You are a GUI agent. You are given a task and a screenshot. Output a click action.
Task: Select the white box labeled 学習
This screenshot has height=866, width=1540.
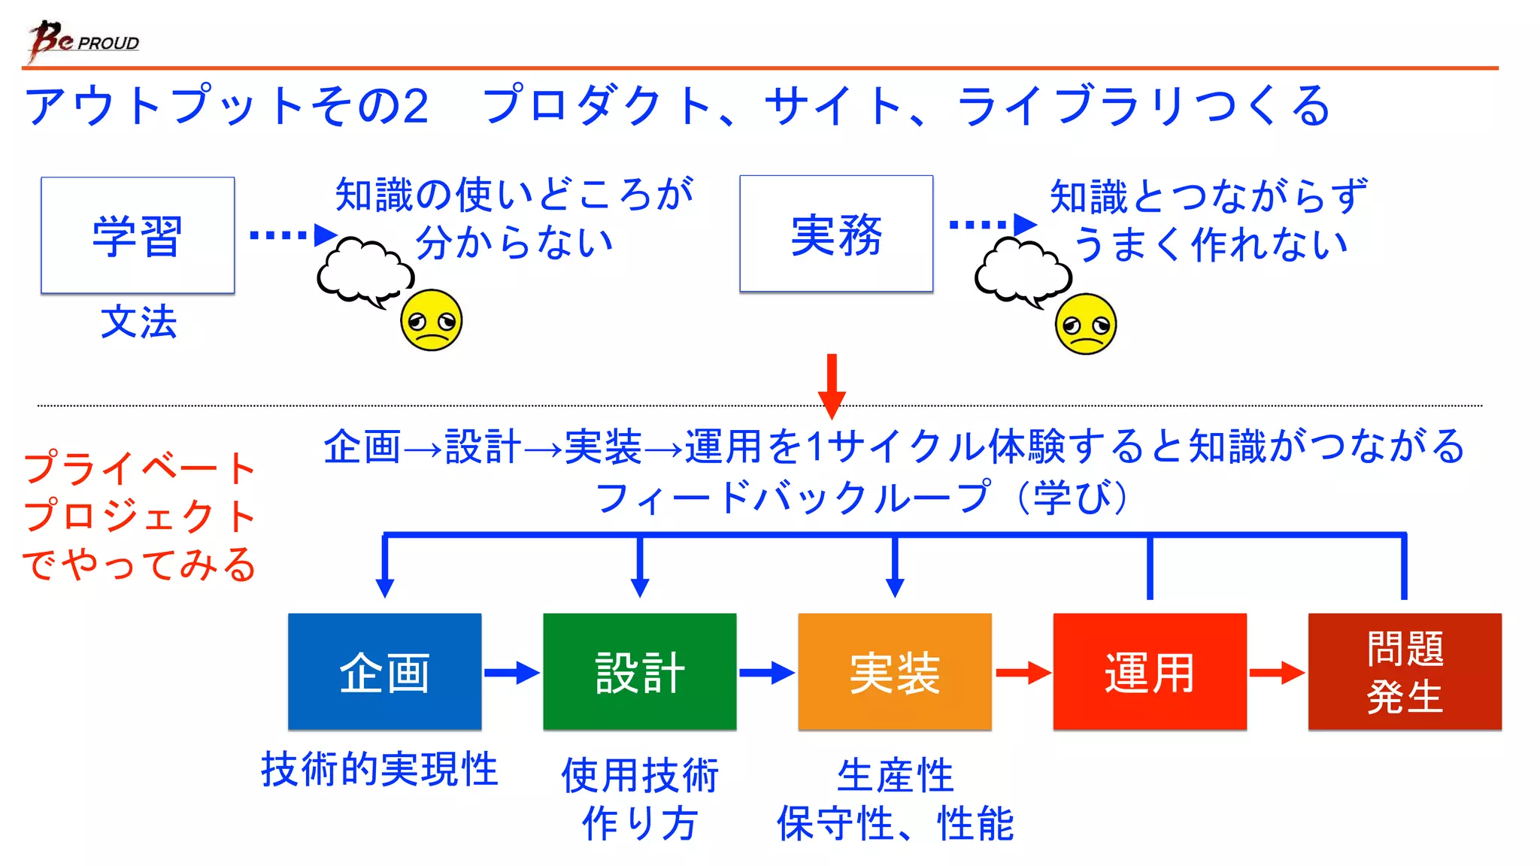pyautogui.click(x=138, y=235)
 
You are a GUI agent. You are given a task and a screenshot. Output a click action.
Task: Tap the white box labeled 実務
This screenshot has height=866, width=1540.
pyautogui.click(x=836, y=234)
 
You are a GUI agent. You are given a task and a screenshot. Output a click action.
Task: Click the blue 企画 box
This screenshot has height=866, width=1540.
pyautogui.click(x=384, y=671)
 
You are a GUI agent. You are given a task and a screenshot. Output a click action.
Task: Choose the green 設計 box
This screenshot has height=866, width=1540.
pyautogui.click(x=639, y=671)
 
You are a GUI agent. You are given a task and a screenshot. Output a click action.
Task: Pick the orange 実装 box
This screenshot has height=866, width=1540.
pyautogui.click(x=894, y=671)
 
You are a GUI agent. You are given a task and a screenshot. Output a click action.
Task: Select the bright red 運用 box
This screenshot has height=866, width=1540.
pyautogui.click(x=1149, y=671)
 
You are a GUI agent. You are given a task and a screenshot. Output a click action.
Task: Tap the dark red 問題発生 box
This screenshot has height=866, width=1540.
pyautogui.click(x=1404, y=671)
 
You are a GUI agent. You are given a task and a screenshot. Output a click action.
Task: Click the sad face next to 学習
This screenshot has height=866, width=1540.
pyautogui.click(x=431, y=320)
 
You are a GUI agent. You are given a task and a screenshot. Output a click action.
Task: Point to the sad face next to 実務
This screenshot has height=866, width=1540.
pyautogui.click(x=1085, y=324)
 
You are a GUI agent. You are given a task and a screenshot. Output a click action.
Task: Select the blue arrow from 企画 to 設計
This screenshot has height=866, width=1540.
pyautogui.click(x=511, y=672)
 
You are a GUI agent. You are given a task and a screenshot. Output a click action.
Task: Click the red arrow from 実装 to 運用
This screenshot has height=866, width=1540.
pyautogui.click(x=1022, y=672)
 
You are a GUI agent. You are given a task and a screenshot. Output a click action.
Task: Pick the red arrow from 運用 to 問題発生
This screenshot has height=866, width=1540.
pyautogui.click(x=1277, y=672)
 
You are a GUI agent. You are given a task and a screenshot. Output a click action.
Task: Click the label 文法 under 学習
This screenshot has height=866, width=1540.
pyautogui.click(x=138, y=322)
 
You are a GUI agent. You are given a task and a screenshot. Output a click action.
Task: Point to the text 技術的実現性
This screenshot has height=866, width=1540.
pyautogui.click(x=380, y=769)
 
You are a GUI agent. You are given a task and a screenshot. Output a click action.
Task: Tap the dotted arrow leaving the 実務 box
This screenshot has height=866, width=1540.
pyautogui.click(x=992, y=224)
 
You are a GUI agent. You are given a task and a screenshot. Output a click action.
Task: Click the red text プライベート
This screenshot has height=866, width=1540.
pyautogui.click(x=140, y=468)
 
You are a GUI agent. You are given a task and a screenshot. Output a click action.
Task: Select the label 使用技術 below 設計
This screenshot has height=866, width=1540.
pyautogui.click(x=640, y=775)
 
